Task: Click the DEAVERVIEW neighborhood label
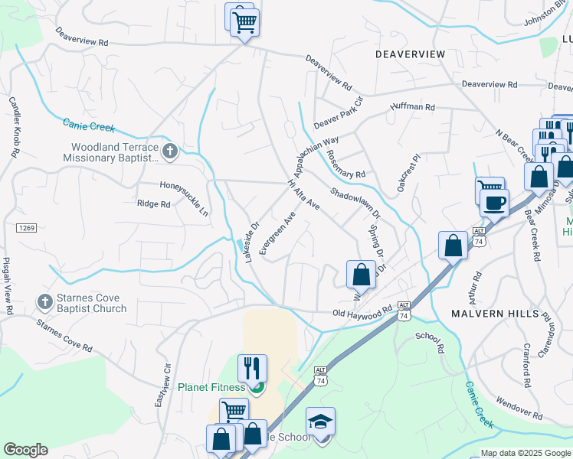click(410, 54)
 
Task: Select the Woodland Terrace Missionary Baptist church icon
click(170, 151)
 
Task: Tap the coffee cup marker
click(495, 203)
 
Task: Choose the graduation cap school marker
click(321, 422)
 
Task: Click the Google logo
click(25, 450)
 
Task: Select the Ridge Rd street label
click(153, 204)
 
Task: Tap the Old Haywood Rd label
click(362, 312)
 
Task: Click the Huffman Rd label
click(412, 108)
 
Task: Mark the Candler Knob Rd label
click(13, 127)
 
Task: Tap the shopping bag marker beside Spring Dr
click(361, 274)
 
